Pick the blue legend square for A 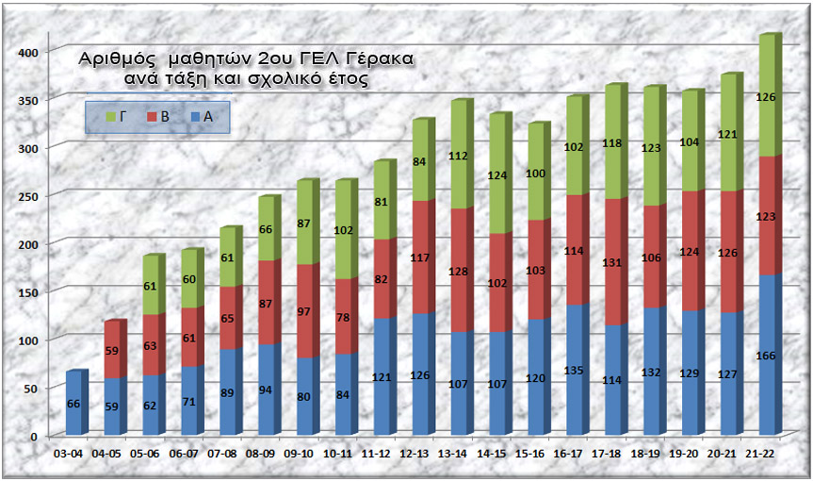click(193, 116)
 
